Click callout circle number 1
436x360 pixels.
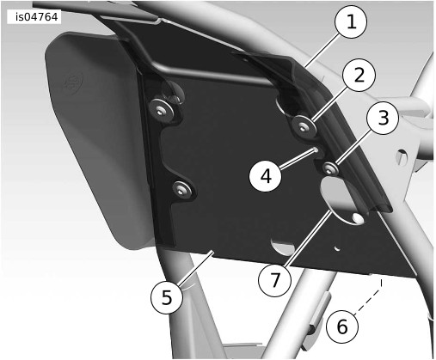pyautogui.click(x=351, y=21)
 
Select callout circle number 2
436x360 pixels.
pyautogui.click(x=359, y=75)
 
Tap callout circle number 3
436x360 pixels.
pyautogui.click(x=384, y=118)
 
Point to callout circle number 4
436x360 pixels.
pyautogui.click(x=266, y=176)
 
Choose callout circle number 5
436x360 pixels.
pyautogui.click(x=167, y=297)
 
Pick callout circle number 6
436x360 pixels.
pyautogui.click(x=342, y=326)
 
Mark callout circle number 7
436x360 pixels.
pyautogui.click(x=274, y=280)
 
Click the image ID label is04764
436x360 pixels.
pyautogui.click(x=36, y=17)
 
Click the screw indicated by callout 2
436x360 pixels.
pyautogui.click(x=304, y=125)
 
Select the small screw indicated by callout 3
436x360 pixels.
pyautogui.click(x=330, y=168)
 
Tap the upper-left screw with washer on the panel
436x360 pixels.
pyautogui.click(x=161, y=109)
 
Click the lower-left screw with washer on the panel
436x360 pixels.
pyautogui.click(x=181, y=189)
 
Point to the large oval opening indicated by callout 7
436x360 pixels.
pyautogui.click(x=342, y=200)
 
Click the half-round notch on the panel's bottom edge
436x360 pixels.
pyautogui.click(x=283, y=247)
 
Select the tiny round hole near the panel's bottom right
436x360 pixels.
pyautogui.click(x=337, y=247)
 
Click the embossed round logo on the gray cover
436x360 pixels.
pyautogui.click(x=72, y=84)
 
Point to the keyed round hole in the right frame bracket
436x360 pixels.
pyautogui.click(x=402, y=156)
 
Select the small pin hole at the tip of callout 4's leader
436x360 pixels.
pyautogui.click(x=315, y=149)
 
